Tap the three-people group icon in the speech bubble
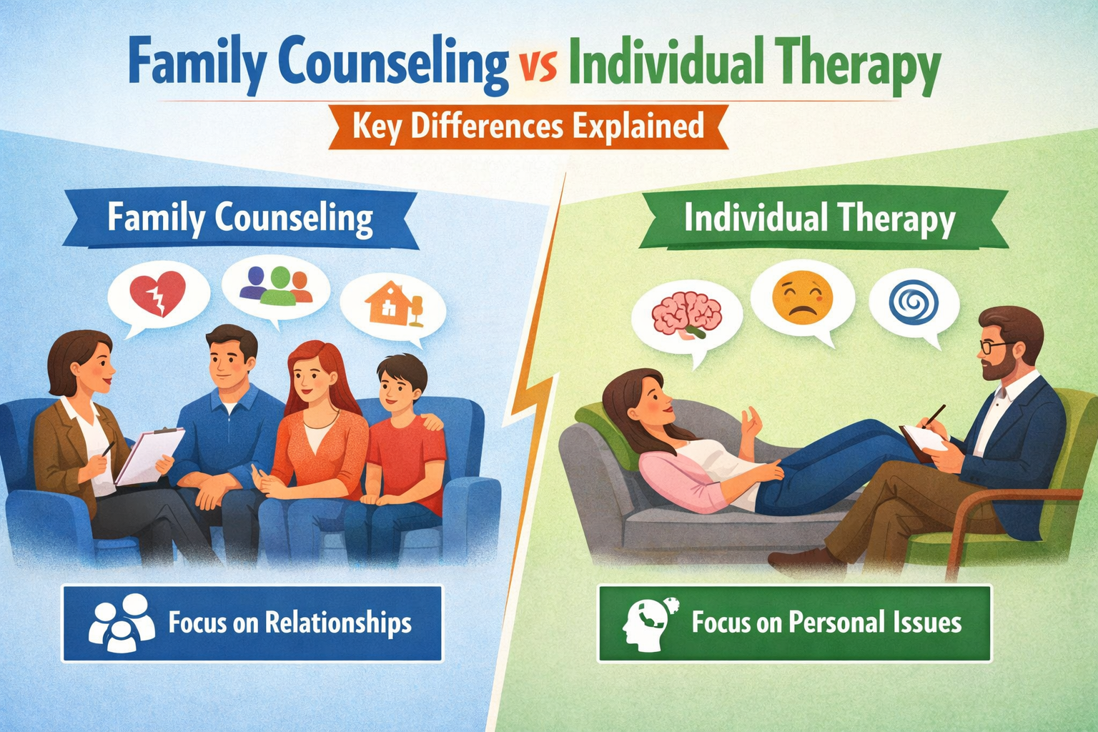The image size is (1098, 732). [276, 285]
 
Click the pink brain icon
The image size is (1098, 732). [687, 315]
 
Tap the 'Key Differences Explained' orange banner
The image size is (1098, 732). [528, 127]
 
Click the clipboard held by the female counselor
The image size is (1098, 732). [149, 455]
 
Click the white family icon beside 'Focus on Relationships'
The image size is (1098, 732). [122, 623]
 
